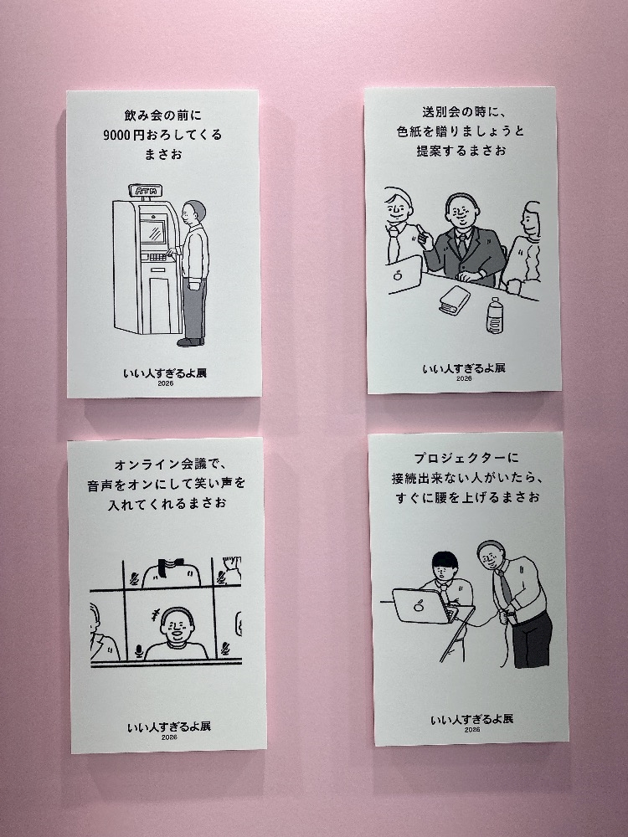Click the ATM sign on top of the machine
[145, 191]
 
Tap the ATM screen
[154, 232]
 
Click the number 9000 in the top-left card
[116, 135]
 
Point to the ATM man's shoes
[191, 341]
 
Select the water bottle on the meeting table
[495, 316]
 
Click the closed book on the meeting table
[454, 300]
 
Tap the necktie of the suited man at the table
[462, 246]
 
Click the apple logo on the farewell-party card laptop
[397, 275]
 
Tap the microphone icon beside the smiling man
[139, 650]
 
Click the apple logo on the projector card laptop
[419, 606]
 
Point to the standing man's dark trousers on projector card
[532, 640]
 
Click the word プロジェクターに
[466, 458]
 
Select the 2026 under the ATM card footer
[166, 383]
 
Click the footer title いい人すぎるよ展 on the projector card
[472, 719]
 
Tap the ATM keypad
[157, 257]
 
